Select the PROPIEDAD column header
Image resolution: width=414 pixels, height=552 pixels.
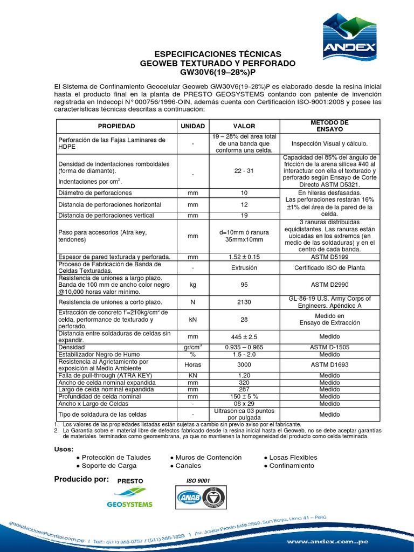click(116, 126)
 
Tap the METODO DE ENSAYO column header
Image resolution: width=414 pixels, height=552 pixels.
click(330, 126)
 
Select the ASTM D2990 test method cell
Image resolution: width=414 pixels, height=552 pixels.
click(330, 284)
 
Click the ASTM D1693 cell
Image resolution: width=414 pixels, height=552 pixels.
click(330, 365)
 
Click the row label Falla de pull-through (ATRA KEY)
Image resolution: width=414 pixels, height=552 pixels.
click(106, 375)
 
